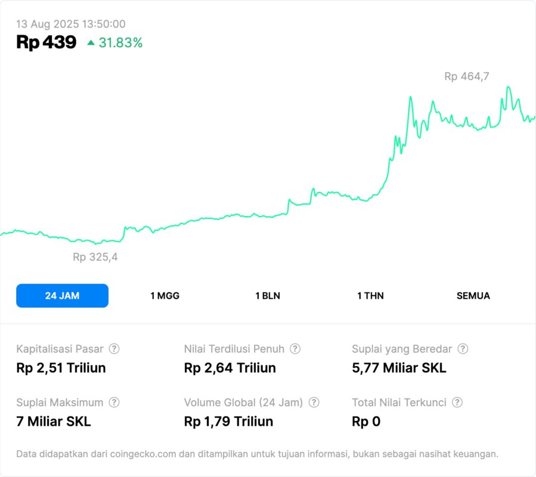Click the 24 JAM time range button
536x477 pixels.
pos(62,296)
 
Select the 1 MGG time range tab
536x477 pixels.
pos(165,296)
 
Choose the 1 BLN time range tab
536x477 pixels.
pos(268,296)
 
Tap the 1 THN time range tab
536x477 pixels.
pos(370,296)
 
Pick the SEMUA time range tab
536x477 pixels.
pos(473,296)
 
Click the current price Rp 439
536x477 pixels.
pos(46,42)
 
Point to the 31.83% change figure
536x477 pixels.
pos(120,43)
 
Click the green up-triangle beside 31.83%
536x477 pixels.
pos(91,42)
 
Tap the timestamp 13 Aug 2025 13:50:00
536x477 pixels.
pos(70,24)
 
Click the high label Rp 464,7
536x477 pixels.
pos(467,76)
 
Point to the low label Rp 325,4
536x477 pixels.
pos(95,258)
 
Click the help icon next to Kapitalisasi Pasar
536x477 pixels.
pos(114,349)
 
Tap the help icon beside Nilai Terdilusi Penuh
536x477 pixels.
pos(295,349)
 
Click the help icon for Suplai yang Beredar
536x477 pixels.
pos(463,349)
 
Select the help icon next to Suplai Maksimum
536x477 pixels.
pos(114,402)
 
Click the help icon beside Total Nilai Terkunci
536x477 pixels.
pos(457,402)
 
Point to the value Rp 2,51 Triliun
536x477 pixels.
pos(61,368)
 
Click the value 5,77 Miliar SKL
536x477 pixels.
pos(399,368)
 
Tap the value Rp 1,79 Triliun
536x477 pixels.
pos(228,422)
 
